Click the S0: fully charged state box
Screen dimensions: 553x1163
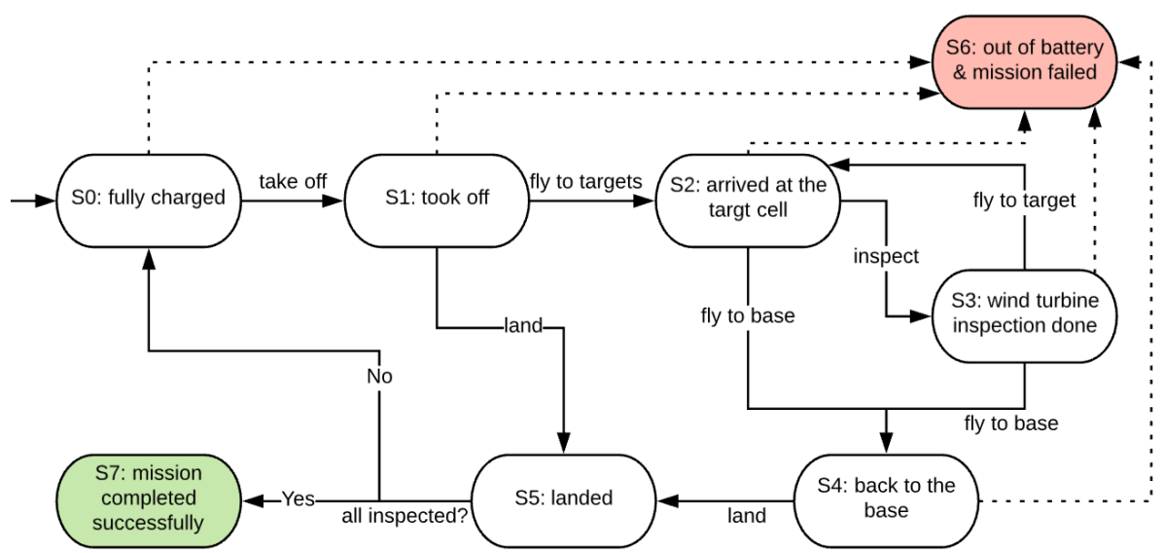click(148, 199)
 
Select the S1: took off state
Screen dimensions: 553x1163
click(437, 199)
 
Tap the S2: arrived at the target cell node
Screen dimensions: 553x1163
click(748, 199)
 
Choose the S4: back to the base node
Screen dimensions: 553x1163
click(886, 498)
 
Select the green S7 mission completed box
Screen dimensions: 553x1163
click(149, 498)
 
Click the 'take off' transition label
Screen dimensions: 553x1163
click(293, 181)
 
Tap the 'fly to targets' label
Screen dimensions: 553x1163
click(585, 181)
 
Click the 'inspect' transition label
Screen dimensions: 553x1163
click(886, 256)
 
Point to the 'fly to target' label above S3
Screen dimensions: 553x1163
click(1024, 201)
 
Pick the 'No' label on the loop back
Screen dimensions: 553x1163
click(379, 376)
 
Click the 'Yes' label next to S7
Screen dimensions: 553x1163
click(298, 498)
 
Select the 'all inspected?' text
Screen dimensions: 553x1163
click(403, 515)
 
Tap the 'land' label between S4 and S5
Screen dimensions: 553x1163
click(747, 515)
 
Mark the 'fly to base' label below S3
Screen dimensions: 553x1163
click(1011, 424)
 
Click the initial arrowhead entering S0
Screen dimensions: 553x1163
click(43, 200)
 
